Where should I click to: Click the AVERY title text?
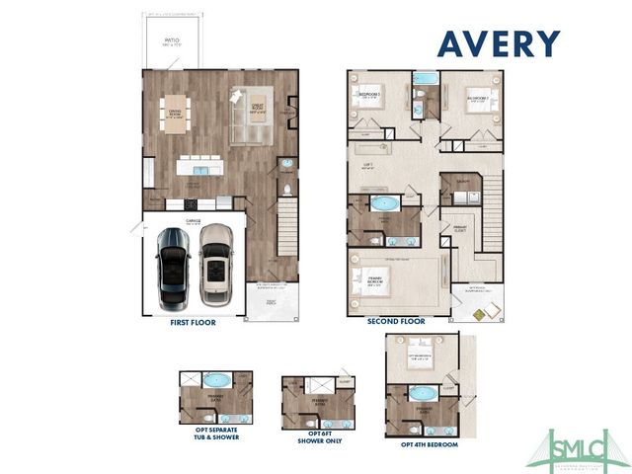(x=498, y=43)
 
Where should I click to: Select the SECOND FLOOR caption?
(x=396, y=322)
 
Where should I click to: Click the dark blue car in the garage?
(x=174, y=264)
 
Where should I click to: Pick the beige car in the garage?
(x=215, y=263)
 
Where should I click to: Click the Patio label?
(x=171, y=43)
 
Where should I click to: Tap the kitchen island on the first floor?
(x=199, y=167)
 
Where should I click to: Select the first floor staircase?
(x=286, y=226)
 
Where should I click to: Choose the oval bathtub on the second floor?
(x=383, y=205)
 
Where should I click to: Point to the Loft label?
(x=367, y=166)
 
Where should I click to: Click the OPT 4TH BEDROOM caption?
(x=429, y=444)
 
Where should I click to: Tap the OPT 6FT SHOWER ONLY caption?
(x=312, y=437)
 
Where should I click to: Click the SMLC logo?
(x=578, y=449)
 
